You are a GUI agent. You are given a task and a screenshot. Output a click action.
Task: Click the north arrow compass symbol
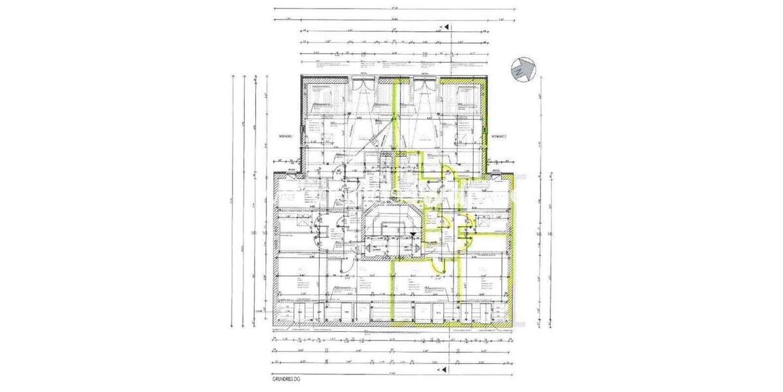[x=524, y=69]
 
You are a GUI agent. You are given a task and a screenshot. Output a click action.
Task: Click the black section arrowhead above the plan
[x=446, y=27]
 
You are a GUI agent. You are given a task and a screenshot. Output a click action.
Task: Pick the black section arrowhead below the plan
[x=446, y=370]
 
